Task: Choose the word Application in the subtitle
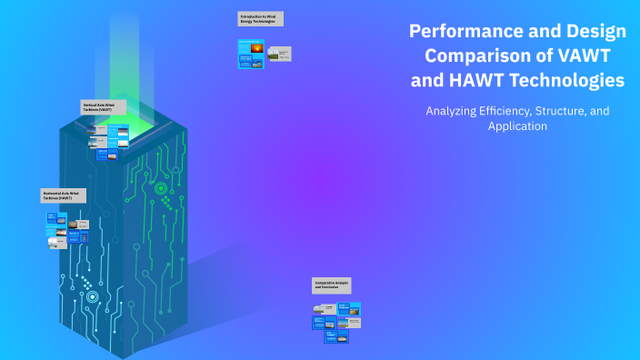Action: click(x=517, y=126)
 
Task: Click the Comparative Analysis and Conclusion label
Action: click(x=332, y=285)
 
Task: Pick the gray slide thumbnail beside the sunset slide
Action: click(x=283, y=54)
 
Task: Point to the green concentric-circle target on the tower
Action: click(x=161, y=189)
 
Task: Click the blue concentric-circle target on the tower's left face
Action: click(x=92, y=296)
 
